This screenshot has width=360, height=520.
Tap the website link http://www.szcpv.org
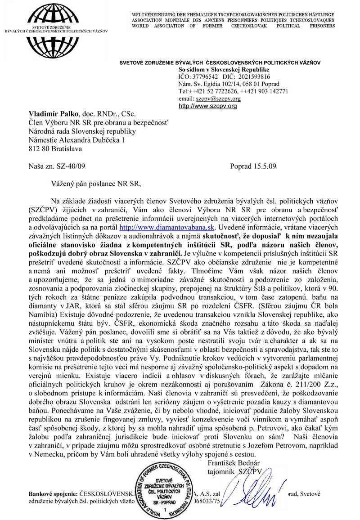(x=207, y=106)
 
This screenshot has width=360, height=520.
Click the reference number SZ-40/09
(x=68, y=166)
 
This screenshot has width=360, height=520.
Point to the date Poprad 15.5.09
(x=252, y=166)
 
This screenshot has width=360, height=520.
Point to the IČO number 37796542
(x=205, y=77)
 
